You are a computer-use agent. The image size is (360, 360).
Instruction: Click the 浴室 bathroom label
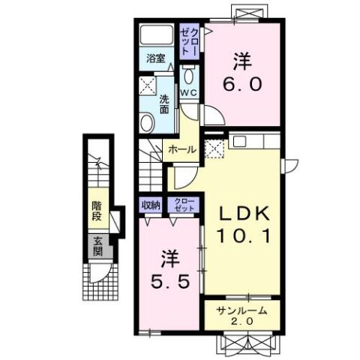[x=156, y=59]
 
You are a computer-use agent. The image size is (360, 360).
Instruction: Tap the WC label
[x=189, y=93]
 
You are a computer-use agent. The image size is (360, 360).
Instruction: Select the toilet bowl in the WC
[x=189, y=75]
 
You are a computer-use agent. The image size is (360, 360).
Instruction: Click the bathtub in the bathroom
[x=157, y=34]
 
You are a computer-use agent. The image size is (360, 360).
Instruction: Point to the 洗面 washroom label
[x=164, y=104]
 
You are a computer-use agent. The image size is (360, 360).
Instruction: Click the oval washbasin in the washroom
[x=147, y=123]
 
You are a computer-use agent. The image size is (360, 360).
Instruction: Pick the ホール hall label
[x=182, y=150]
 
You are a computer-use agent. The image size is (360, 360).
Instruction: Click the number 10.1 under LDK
[x=244, y=235]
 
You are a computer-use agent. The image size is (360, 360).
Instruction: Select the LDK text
[x=244, y=214]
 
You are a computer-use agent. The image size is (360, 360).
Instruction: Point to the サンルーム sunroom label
[x=241, y=310]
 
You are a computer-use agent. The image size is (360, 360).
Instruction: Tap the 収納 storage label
[x=151, y=205]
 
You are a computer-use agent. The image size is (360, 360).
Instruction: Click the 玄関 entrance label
[x=97, y=247]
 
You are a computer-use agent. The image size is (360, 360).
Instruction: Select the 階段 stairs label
[x=97, y=211]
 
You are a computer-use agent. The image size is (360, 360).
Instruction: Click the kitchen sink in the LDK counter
[x=239, y=142]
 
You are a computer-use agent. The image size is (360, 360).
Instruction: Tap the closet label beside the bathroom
[x=190, y=42]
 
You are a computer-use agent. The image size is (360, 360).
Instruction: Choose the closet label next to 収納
[x=184, y=205]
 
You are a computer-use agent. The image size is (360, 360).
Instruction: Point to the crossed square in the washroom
[x=148, y=85]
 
